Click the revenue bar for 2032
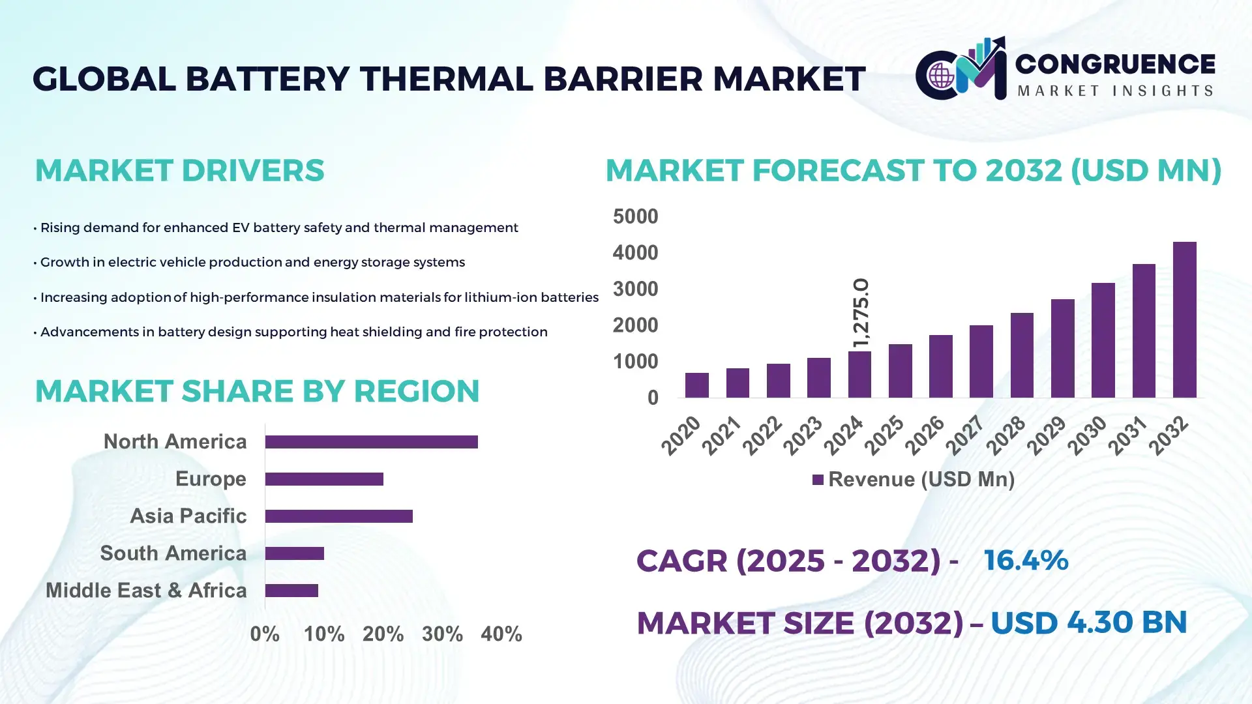coord(1184,319)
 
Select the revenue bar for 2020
coord(696,385)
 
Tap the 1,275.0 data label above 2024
coord(861,313)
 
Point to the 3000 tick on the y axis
coord(635,289)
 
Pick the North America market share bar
coord(371,442)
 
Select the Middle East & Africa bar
coord(291,591)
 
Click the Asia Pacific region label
coord(188,516)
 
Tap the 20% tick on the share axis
coord(383,634)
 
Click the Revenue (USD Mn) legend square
coord(818,480)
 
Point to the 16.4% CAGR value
coord(1026,560)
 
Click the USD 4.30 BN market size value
coord(1088,623)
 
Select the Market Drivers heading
coord(179,170)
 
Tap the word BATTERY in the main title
coord(267,79)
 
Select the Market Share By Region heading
coord(257,391)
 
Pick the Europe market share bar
coord(324,479)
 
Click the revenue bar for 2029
coord(1062,348)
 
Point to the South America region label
coord(173,553)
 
